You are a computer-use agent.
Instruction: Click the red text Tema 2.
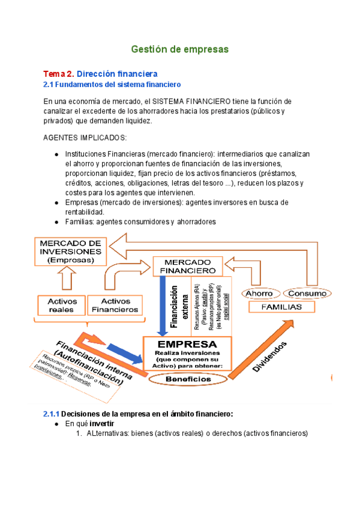tap(58, 74)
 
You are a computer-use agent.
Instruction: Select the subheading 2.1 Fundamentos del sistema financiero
tap(112, 85)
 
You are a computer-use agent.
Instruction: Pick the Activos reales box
tap(61, 306)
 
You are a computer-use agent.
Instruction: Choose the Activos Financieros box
tap(115, 306)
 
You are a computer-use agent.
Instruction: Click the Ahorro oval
tap(260, 293)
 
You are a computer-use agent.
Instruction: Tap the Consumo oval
tap(305, 293)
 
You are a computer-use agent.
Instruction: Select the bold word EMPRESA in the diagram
tap(187, 344)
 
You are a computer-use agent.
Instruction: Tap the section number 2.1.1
tap(51, 414)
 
